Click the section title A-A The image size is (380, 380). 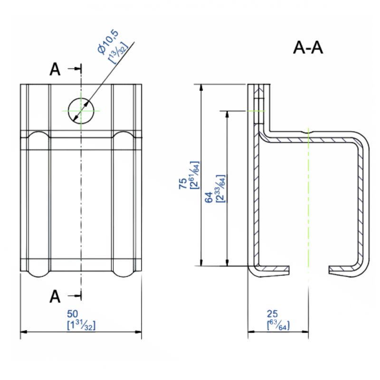[x=308, y=48]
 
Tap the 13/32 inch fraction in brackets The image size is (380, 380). [x=118, y=53]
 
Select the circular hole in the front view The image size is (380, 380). [x=81, y=111]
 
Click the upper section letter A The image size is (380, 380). [x=55, y=70]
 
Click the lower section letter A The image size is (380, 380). [x=55, y=296]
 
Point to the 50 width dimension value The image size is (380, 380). [x=73, y=314]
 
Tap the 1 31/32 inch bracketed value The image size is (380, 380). [x=81, y=325]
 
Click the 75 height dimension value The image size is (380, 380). [x=183, y=183]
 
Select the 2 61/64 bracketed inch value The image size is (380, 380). [x=195, y=175]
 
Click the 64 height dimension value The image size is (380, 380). [x=209, y=197]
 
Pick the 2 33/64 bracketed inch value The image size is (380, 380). [x=220, y=189]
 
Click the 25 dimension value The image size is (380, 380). [x=272, y=314]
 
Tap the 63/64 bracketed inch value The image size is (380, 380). [x=278, y=325]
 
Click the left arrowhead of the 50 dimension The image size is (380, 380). [x=23, y=332]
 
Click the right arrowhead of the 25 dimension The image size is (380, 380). [x=305, y=332]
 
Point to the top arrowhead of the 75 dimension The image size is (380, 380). [x=201, y=88]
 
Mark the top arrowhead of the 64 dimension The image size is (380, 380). [x=227, y=114]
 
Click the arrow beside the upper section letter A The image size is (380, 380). [x=75, y=69]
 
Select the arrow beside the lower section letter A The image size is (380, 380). [x=75, y=295]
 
